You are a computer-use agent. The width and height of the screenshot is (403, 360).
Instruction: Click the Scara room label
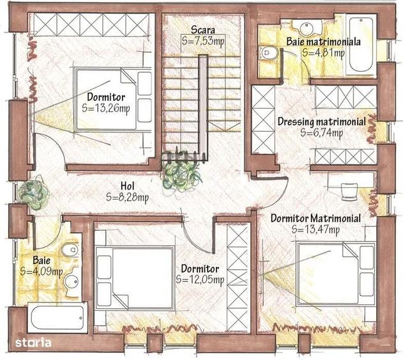coord(203,30)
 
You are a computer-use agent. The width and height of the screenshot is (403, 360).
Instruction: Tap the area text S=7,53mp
coord(203,41)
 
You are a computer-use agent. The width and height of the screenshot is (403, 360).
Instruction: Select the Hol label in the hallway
coord(128,186)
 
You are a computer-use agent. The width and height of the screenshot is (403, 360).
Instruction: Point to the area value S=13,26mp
coord(106,108)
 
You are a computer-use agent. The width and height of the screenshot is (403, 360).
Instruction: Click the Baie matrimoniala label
coord(323,42)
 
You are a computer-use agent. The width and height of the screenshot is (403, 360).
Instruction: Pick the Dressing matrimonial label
coord(322,121)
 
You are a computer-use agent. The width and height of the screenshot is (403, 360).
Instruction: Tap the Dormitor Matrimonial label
coord(316,219)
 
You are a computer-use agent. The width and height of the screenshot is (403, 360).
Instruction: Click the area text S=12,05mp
coord(200,279)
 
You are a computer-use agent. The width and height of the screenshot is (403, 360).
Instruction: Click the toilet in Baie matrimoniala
coord(268,53)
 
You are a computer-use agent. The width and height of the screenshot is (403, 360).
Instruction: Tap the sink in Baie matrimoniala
coord(307,26)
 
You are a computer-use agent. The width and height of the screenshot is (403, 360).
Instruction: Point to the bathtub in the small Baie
coord(57,317)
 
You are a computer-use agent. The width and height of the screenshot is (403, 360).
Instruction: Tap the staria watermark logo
coord(33,343)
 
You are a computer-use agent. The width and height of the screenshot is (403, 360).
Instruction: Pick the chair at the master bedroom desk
coord(349,192)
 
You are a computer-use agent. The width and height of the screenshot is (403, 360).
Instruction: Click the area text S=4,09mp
coord(42,272)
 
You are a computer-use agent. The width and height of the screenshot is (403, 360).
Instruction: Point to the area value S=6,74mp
coord(321,133)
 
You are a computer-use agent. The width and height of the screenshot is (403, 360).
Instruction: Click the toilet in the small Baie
coord(70,249)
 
